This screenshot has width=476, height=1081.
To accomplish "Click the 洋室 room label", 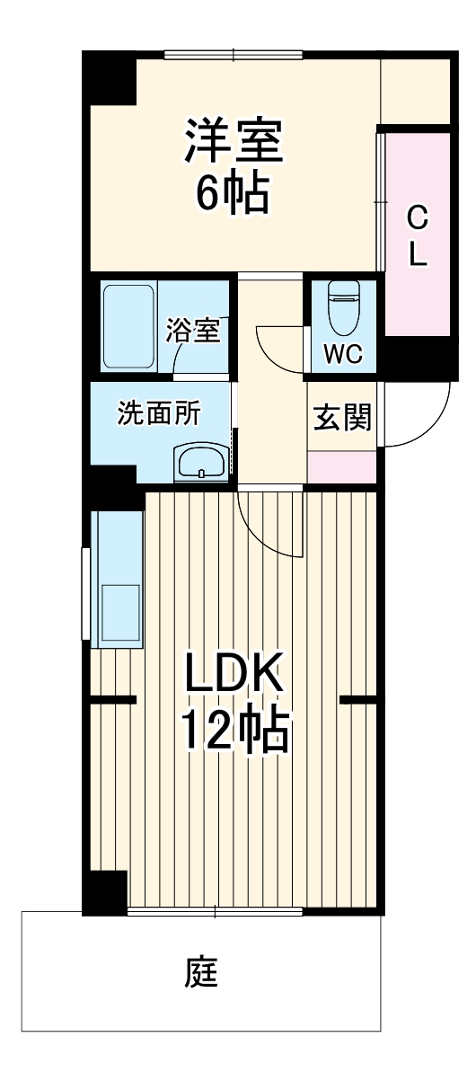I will [234, 142].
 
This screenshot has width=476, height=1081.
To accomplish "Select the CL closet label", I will [418, 235].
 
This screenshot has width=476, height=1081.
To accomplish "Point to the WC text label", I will [342, 354].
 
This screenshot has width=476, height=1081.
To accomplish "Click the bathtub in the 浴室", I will [129, 329].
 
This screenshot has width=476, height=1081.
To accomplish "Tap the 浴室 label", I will [192, 329].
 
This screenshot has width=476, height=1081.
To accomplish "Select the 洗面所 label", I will [160, 414].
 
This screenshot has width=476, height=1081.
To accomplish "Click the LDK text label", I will [234, 672].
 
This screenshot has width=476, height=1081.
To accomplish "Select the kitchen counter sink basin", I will [119, 611].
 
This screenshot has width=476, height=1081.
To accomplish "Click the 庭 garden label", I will [203, 972].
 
